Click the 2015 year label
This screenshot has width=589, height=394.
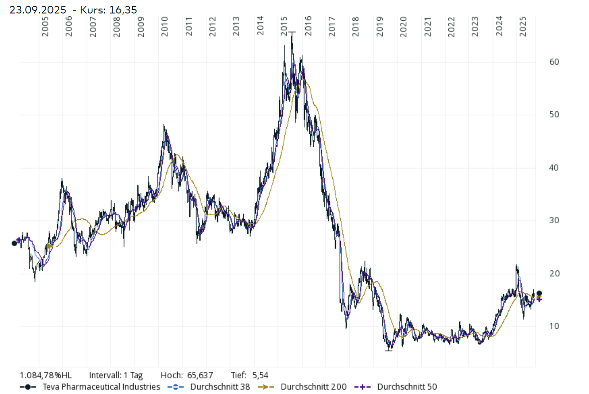tap(284, 27)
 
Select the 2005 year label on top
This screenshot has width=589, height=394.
tap(45, 27)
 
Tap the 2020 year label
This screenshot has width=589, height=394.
tap(403, 27)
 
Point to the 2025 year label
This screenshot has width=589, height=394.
tap(523, 27)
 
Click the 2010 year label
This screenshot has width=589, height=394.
tap(165, 27)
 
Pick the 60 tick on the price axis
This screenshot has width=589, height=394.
tap(542, 62)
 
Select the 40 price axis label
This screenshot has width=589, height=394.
tap(542, 168)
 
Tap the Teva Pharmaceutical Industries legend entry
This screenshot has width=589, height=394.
tap(101, 387)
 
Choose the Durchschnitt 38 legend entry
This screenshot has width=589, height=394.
tap(220, 387)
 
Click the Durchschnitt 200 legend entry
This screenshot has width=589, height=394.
tap(313, 387)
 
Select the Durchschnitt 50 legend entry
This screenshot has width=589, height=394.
tap(407, 387)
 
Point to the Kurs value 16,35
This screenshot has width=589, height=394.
tap(123, 10)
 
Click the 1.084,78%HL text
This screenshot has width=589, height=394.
tap(45, 375)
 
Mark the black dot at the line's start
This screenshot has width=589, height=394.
tap(14, 243)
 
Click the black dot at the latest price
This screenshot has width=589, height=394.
tap(540, 293)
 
